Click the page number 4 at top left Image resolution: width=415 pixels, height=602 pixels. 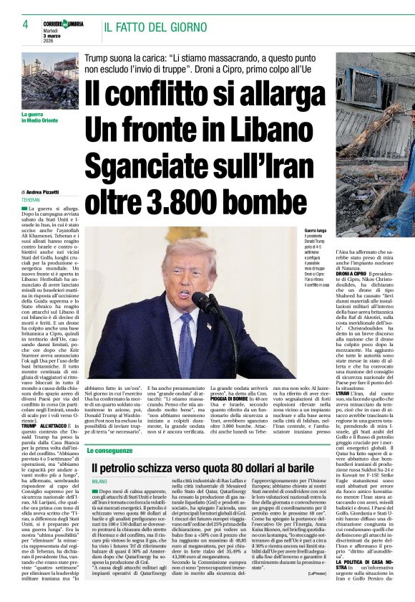tap(25, 24)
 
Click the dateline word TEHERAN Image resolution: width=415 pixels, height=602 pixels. tap(31, 200)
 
